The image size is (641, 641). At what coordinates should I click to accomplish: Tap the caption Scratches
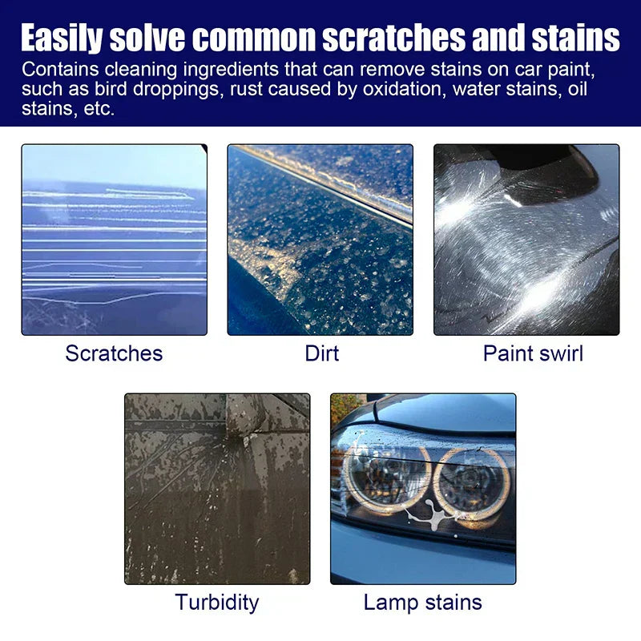click(x=114, y=353)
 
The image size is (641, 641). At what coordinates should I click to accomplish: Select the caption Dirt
click(x=321, y=353)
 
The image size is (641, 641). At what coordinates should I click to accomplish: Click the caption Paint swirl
click(x=533, y=353)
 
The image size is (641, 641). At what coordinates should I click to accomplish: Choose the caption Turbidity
click(x=216, y=603)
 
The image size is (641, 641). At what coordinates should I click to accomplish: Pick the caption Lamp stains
click(x=423, y=603)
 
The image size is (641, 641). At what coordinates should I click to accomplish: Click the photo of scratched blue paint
click(x=114, y=240)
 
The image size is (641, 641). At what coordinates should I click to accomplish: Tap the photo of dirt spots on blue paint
click(x=320, y=240)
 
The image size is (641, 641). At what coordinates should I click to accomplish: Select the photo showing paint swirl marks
click(x=526, y=240)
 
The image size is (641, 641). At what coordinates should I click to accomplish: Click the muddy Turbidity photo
click(x=217, y=489)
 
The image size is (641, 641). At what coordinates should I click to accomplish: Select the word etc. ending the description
click(x=99, y=108)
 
